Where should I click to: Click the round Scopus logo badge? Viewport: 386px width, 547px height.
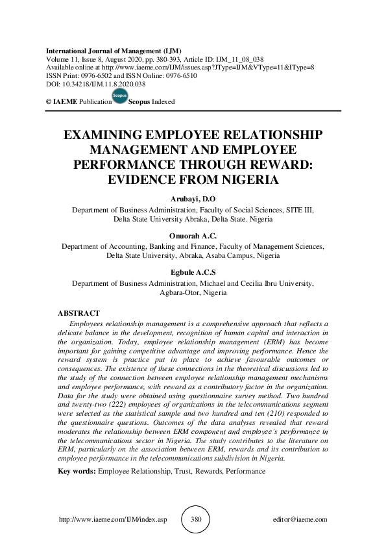coord(119,96)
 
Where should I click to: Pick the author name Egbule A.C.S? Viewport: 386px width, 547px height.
coord(193,273)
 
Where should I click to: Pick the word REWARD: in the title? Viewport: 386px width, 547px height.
coord(282,165)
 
